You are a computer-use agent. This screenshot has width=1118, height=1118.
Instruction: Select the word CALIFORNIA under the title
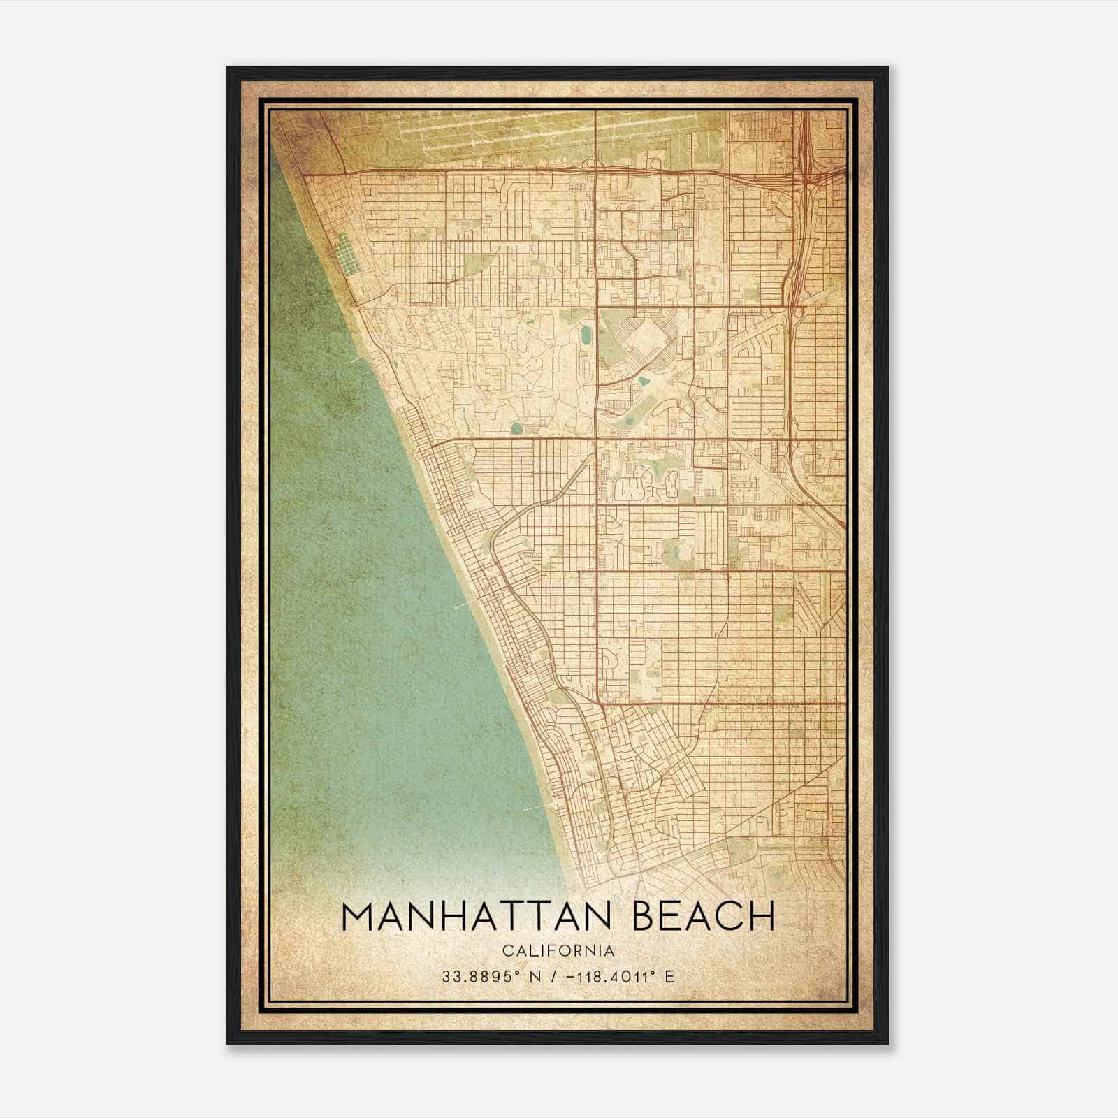pyautogui.click(x=558, y=951)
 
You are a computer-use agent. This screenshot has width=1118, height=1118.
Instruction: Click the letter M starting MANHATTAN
pyautogui.click(x=360, y=916)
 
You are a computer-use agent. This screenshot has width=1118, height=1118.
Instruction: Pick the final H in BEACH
pyautogui.click(x=762, y=916)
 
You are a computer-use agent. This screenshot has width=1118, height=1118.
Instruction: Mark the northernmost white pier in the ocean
pyautogui.click(x=358, y=359)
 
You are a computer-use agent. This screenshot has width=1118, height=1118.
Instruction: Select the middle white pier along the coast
pyautogui.click(x=460, y=607)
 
